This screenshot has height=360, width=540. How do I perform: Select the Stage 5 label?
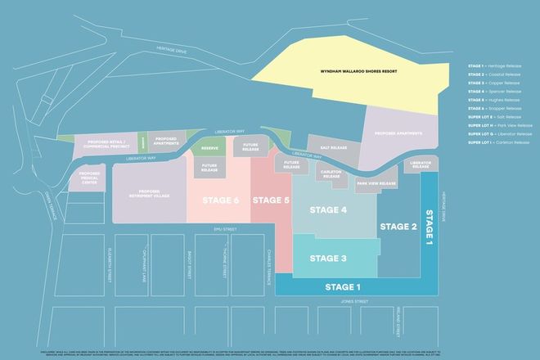click(271, 200)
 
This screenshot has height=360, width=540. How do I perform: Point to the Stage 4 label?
click(328, 210)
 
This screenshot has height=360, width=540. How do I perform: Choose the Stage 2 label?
click(398, 226)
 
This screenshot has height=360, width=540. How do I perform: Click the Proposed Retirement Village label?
click(148, 194)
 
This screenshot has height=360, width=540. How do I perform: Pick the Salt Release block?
click(334, 148)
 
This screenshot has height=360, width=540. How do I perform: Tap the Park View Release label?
click(377, 184)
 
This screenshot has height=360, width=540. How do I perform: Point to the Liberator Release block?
click(421, 165)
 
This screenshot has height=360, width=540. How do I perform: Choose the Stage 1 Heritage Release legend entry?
click(499, 65)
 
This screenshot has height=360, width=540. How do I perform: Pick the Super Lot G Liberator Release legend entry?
click(501, 134)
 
